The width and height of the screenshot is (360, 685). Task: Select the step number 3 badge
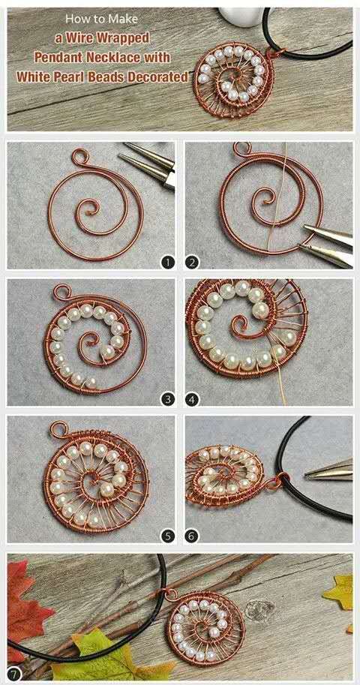tap(168, 398)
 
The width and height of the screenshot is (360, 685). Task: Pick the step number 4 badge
tap(192, 398)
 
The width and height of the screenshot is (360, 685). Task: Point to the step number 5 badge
tap(168, 536)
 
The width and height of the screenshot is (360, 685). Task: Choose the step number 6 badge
tap(192, 536)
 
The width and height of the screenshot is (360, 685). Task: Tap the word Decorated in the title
tap(157, 77)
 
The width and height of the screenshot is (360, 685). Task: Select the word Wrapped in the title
tap(123, 38)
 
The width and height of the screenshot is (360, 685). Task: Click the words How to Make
tap(101, 20)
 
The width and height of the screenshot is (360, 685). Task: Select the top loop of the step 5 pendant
tap(58, 429)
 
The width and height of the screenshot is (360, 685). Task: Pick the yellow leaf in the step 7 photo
tap(338, 592)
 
